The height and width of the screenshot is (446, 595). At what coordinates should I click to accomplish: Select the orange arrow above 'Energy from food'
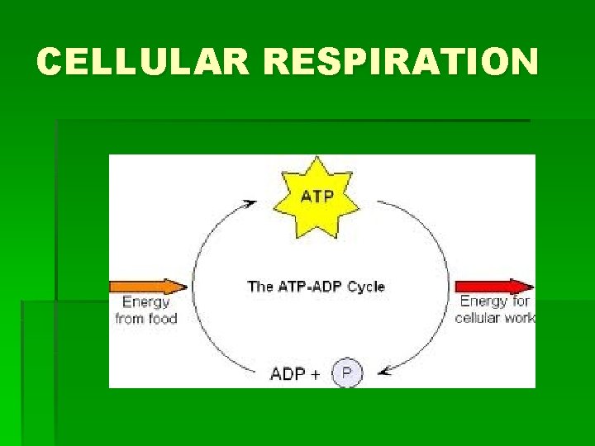click(148, 287)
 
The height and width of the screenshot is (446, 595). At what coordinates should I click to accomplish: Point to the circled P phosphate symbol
click(347, 374)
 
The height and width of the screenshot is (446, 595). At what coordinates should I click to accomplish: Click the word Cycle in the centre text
click(365, 287)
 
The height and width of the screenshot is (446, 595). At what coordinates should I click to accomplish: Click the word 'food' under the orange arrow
click(162, 318)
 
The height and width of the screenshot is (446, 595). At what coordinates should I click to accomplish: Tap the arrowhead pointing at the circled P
click(384, 372)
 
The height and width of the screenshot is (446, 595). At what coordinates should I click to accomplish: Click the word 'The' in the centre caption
click(260, 287)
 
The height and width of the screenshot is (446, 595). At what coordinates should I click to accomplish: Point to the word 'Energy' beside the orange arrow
click(145, 303)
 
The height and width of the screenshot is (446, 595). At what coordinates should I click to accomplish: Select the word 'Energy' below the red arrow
click(483, 302)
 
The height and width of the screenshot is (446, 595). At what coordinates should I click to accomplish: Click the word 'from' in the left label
click(130, 318)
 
